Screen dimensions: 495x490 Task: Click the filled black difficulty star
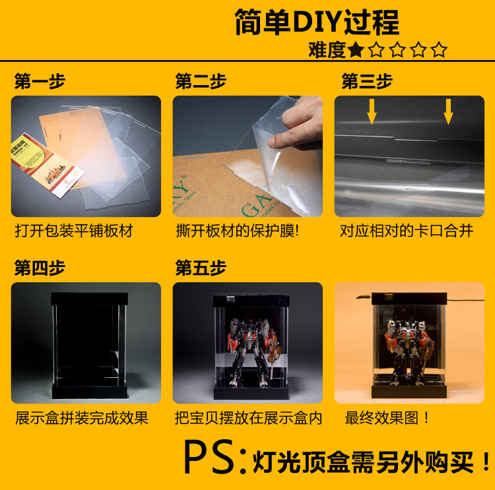click(356, 50)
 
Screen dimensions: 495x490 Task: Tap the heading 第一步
click(40, 81)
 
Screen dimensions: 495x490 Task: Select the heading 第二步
click(201, 81)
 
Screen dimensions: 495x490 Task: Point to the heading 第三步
click(367, 81)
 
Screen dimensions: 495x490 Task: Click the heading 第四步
click(40, 268)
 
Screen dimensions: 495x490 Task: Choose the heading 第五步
click(201, 268)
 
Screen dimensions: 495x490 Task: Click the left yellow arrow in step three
click(372, 111)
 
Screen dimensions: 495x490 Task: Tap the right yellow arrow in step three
click(448, 111)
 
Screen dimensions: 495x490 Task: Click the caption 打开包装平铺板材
click(74, 231)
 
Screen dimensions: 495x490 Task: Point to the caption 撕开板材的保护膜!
click(238, 231)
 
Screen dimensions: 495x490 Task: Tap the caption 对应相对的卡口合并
click(407, 231)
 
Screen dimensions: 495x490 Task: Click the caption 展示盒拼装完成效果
click(82, 418)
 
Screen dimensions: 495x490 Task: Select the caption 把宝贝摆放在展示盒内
click(248, 418)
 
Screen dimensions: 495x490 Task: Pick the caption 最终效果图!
click(387, 418)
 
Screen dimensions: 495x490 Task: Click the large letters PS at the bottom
click(209, 457)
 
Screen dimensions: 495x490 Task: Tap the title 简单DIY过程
click(317, 22)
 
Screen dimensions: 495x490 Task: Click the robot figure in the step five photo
click(251, 352)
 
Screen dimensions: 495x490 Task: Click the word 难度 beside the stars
click(327, 50)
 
